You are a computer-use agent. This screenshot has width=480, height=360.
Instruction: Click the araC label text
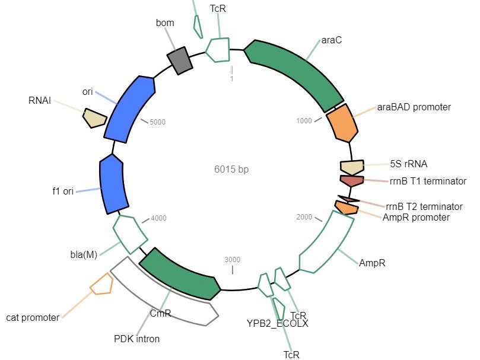pos(332,40)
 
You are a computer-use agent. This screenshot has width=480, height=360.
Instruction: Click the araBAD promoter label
pos(414,107)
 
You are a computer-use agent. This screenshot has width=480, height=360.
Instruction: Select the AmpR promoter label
pos(416,217)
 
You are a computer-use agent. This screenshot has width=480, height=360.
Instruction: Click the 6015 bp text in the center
pos(231,169)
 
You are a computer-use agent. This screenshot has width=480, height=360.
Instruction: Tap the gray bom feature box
pos(180,60)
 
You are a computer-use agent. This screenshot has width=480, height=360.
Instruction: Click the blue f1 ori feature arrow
pos(111,183)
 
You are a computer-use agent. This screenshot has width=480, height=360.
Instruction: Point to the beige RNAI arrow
pos(94,117)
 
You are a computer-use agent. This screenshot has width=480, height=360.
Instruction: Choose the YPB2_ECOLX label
pos(278,324)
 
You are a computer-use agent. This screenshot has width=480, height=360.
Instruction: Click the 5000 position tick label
pos(158,122)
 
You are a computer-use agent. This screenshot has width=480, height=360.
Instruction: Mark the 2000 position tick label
pos(304,217)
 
